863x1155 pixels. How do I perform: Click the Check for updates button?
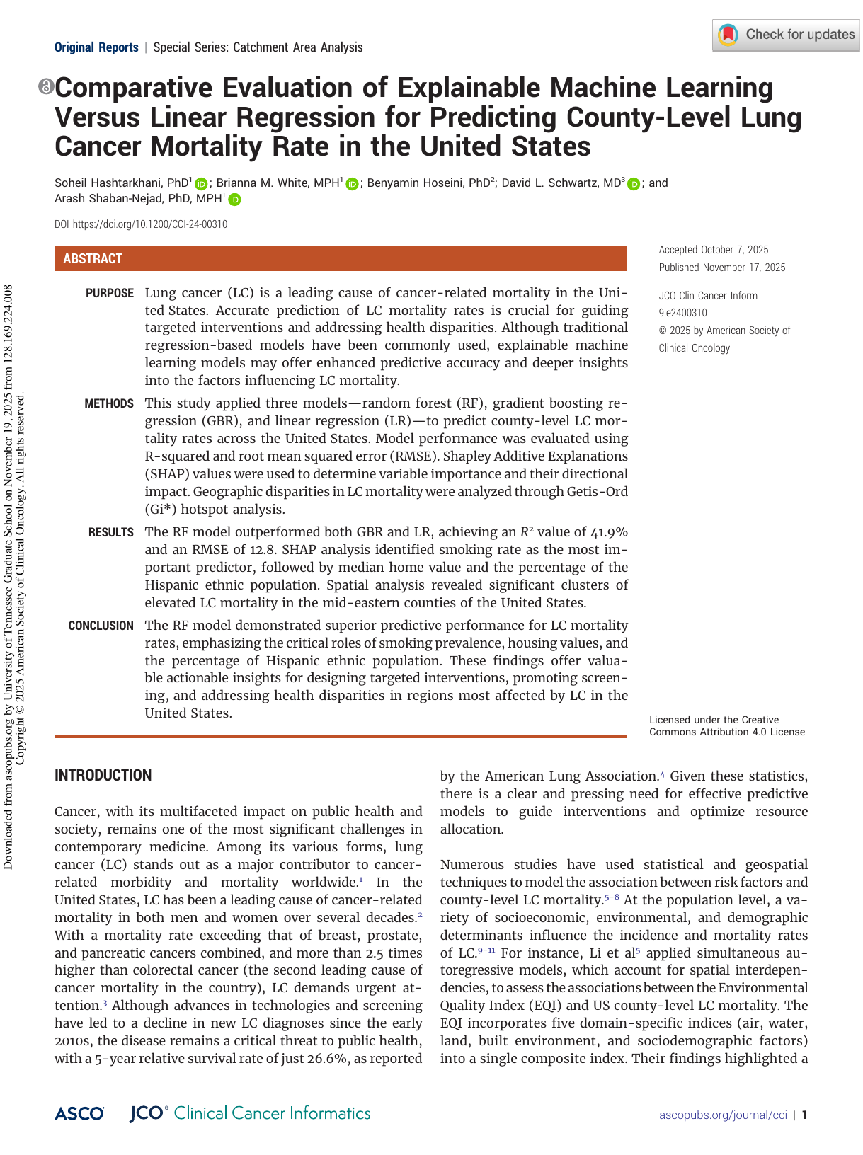pos(786,35)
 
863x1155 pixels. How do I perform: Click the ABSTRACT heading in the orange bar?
pos(93,259)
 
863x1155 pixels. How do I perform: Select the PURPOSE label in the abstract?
pos(110,293)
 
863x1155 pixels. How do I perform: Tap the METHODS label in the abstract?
pos(109,403)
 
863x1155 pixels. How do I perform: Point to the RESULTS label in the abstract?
pos(110,532)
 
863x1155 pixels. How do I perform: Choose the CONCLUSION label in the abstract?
pos(101,626)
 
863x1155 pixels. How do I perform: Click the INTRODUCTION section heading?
pos(103,776)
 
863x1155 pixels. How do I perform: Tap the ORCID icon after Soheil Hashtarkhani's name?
pos(201,184)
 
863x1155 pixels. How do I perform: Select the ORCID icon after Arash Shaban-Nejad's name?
pos(234,200)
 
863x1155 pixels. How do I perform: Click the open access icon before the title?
pos(46,87)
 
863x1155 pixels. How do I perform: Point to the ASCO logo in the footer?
pos(79,1114)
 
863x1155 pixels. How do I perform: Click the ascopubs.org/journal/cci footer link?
pos(723,1115)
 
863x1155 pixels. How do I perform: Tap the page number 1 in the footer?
pos(804,1115)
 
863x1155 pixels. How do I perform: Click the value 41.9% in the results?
pos(609,532)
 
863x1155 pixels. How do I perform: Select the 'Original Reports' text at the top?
pos(96,47)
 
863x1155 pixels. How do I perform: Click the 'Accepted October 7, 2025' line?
pos(713,250)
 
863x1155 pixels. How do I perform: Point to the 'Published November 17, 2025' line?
pos(721,268)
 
